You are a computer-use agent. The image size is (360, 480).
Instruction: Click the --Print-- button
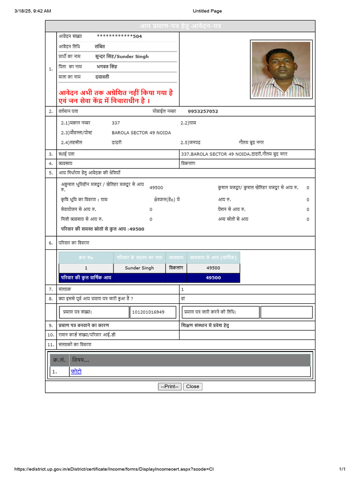click(x=170, y=387)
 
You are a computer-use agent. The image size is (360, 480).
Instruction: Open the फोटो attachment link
click(x=76, y=371)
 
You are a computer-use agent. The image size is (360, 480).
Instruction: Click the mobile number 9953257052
click(x=202, y=112)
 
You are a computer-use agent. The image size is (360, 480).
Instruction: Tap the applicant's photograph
click(x=281, y=69)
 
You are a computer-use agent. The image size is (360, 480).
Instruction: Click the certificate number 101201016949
click(x=148, y=312)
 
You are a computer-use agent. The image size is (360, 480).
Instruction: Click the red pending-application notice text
click(x=115, y=97)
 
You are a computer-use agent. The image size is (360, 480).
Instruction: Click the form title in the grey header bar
click(x=180, y=26)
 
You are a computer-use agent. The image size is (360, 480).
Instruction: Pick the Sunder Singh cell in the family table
click(x=139, y=268)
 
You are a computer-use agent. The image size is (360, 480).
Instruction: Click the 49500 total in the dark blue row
click(x=213, y=277)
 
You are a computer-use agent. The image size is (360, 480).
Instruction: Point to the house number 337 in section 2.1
click(x=116, y=123)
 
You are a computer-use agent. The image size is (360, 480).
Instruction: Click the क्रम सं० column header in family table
click(x=86, y=257)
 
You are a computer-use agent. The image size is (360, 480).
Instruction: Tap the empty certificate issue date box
click(x=286, y=312)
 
